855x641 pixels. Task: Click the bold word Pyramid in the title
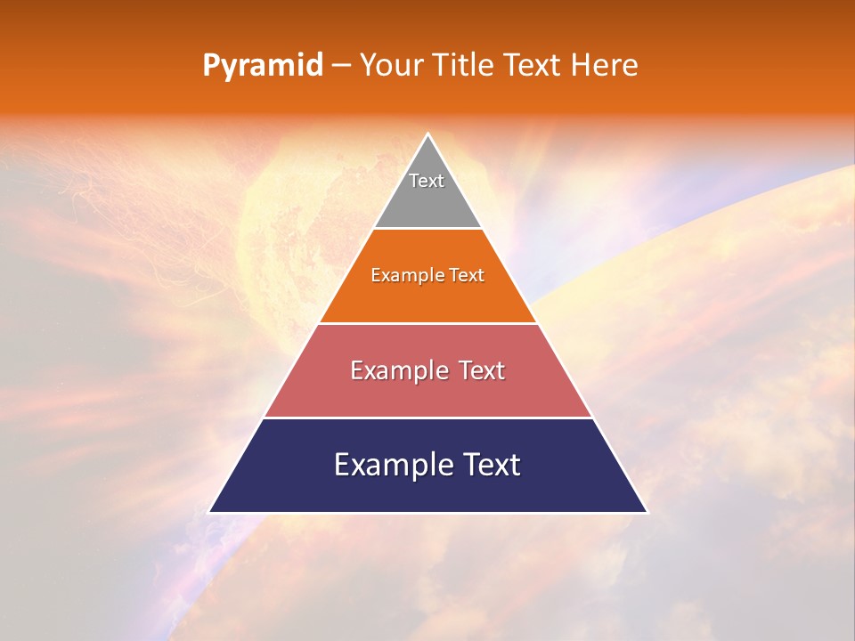(x=263, y=66)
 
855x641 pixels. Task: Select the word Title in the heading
(x=465, y=66)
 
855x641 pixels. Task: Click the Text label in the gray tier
(x=427, y=181)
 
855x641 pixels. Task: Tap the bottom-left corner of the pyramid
(x=210, y=512)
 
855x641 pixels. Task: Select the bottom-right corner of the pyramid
(x=647, y=512)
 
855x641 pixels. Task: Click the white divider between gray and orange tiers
(x=427, y=229)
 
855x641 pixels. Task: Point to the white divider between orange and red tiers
(x=427, y=323)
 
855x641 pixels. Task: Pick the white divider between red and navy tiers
(x=427, y=418)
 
